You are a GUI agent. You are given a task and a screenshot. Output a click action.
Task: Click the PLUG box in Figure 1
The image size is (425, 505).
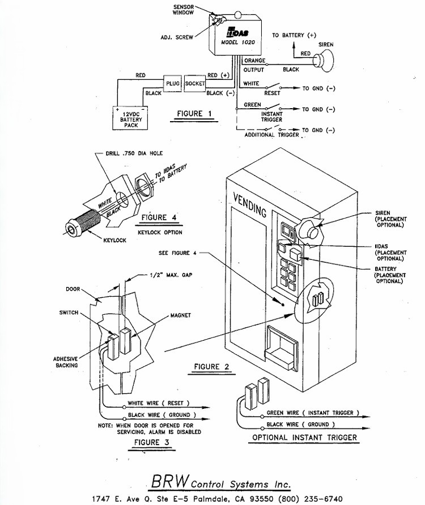(172, 84)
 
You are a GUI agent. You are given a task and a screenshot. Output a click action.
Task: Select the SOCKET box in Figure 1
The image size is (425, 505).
(195, 84)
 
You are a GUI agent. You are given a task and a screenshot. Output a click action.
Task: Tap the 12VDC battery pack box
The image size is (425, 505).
(130, 118)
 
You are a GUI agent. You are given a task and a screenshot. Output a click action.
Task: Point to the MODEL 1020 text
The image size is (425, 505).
(237, 42)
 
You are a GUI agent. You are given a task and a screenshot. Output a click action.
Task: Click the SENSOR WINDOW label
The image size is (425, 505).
(183, 10)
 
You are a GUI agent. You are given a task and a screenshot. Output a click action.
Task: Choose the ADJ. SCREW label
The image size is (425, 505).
(177, 37)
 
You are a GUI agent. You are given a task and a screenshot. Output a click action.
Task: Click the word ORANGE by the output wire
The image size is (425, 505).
(254, 61)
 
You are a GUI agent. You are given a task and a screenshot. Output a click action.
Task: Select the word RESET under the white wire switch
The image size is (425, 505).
(272, 93)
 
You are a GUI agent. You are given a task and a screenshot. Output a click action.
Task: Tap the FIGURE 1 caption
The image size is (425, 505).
(194, 114)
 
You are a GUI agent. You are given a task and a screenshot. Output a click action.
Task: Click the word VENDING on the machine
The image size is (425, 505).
(250, 205)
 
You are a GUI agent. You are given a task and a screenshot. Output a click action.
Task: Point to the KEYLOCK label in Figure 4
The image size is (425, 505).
(115, 240)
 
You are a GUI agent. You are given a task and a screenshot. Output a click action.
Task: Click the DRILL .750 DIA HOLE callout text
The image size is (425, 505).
(134, 153)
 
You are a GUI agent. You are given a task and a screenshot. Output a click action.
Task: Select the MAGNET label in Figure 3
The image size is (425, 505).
(181, 315)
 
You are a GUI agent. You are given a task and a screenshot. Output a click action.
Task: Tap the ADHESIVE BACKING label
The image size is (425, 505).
(66, 362)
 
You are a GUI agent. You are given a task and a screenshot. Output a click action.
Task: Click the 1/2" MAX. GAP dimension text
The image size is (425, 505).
(171, 275)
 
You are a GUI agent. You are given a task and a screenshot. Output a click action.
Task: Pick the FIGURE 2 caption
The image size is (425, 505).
(211, 366)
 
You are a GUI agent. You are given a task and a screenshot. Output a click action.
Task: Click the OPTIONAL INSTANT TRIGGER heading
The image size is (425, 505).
(304, 438)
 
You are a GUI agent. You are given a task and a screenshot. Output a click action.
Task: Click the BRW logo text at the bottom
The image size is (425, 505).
(170, 481)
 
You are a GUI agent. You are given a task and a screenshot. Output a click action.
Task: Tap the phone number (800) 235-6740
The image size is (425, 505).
(310, 499)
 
